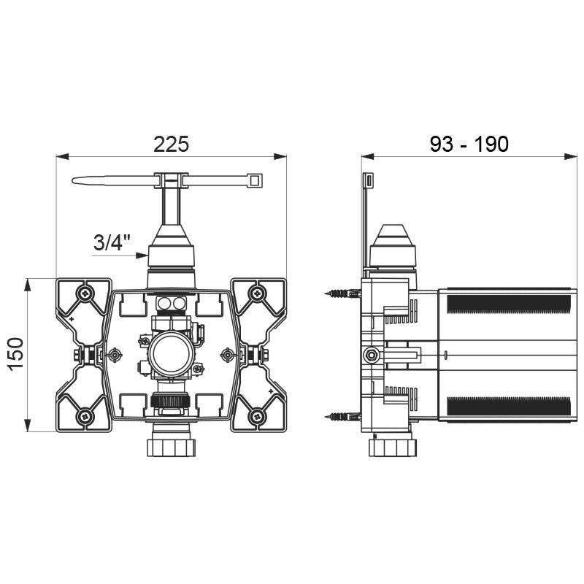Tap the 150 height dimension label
click(16, 354)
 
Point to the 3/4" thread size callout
click(110, 242)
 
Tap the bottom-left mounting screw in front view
click(87, 417)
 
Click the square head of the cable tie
click(255, 179)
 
